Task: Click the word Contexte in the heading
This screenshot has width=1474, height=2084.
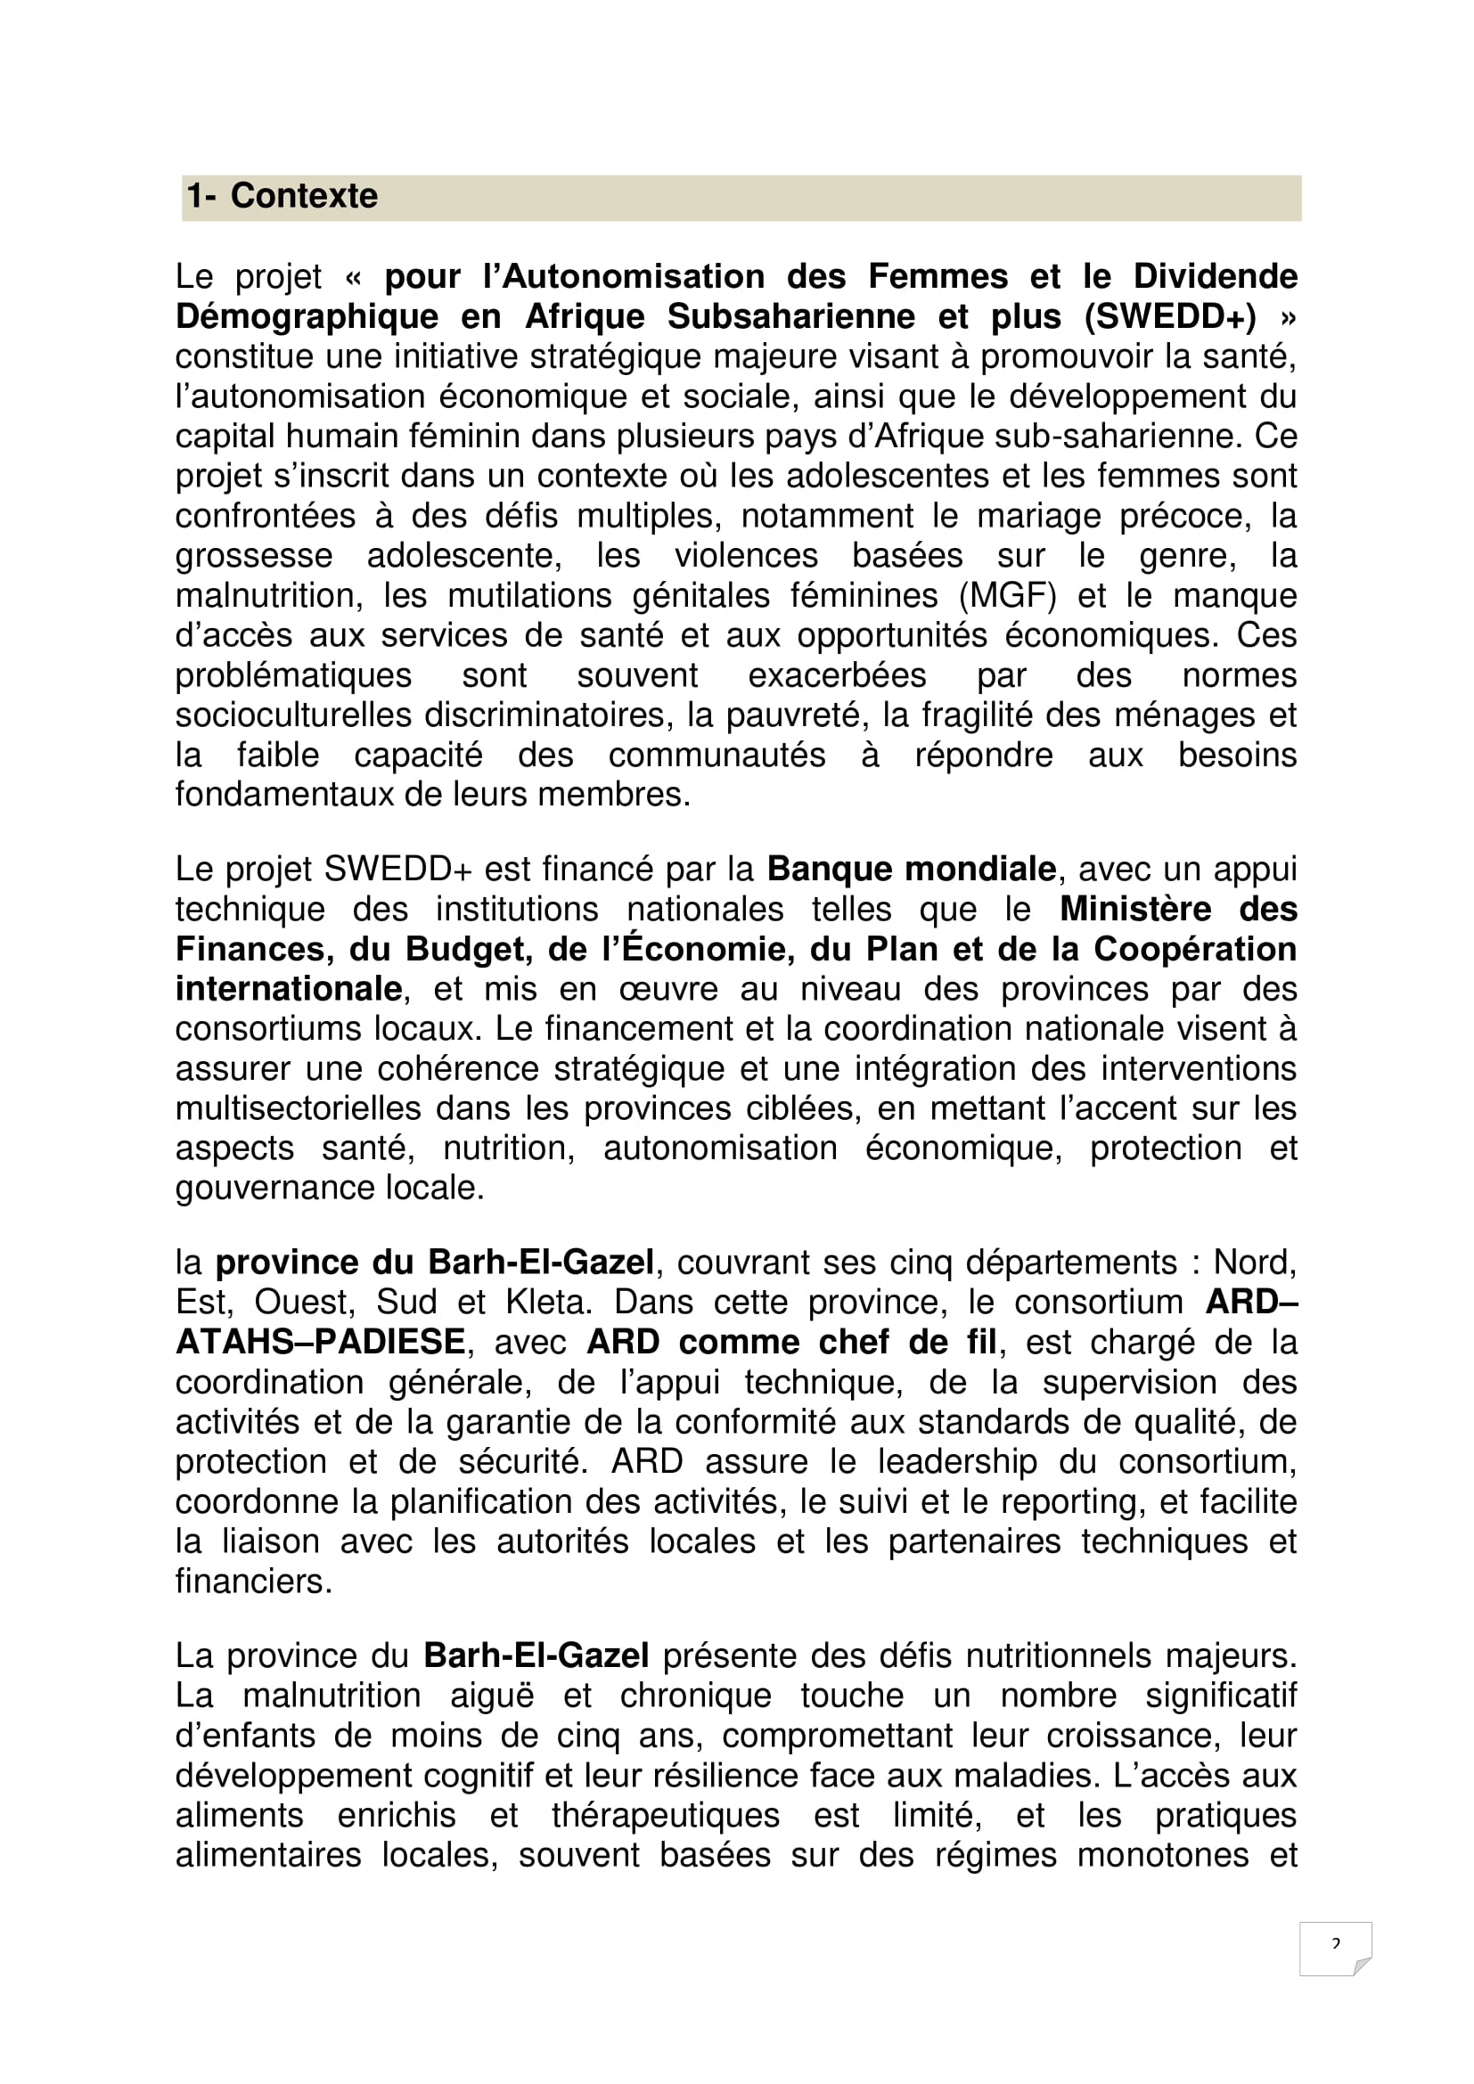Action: (x=303, y=196)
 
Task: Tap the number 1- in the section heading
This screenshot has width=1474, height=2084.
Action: (x=201, y=196)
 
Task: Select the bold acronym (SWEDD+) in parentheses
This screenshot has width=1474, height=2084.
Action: (x=1170, y=317)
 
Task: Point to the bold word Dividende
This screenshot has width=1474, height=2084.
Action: (x=1216, y=277)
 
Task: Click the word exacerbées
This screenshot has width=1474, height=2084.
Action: (x=837, y=676)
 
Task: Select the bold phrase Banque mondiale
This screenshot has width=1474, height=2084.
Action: (x=912, y=870)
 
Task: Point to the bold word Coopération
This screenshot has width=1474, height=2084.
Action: (x=1194, y=950)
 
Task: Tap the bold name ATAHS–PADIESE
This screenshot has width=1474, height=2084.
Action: (x=321, y=1343)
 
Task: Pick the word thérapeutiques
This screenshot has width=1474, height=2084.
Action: (x=666, y=1815)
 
